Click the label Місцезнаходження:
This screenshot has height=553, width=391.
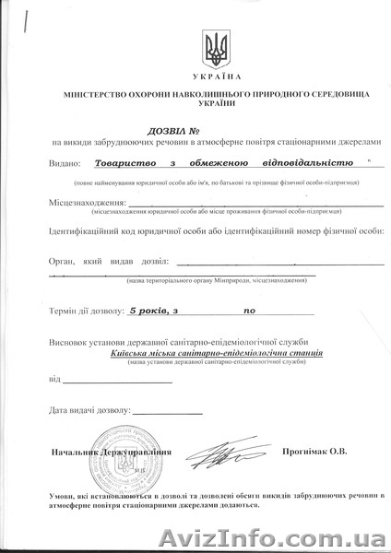click(86, 202)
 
